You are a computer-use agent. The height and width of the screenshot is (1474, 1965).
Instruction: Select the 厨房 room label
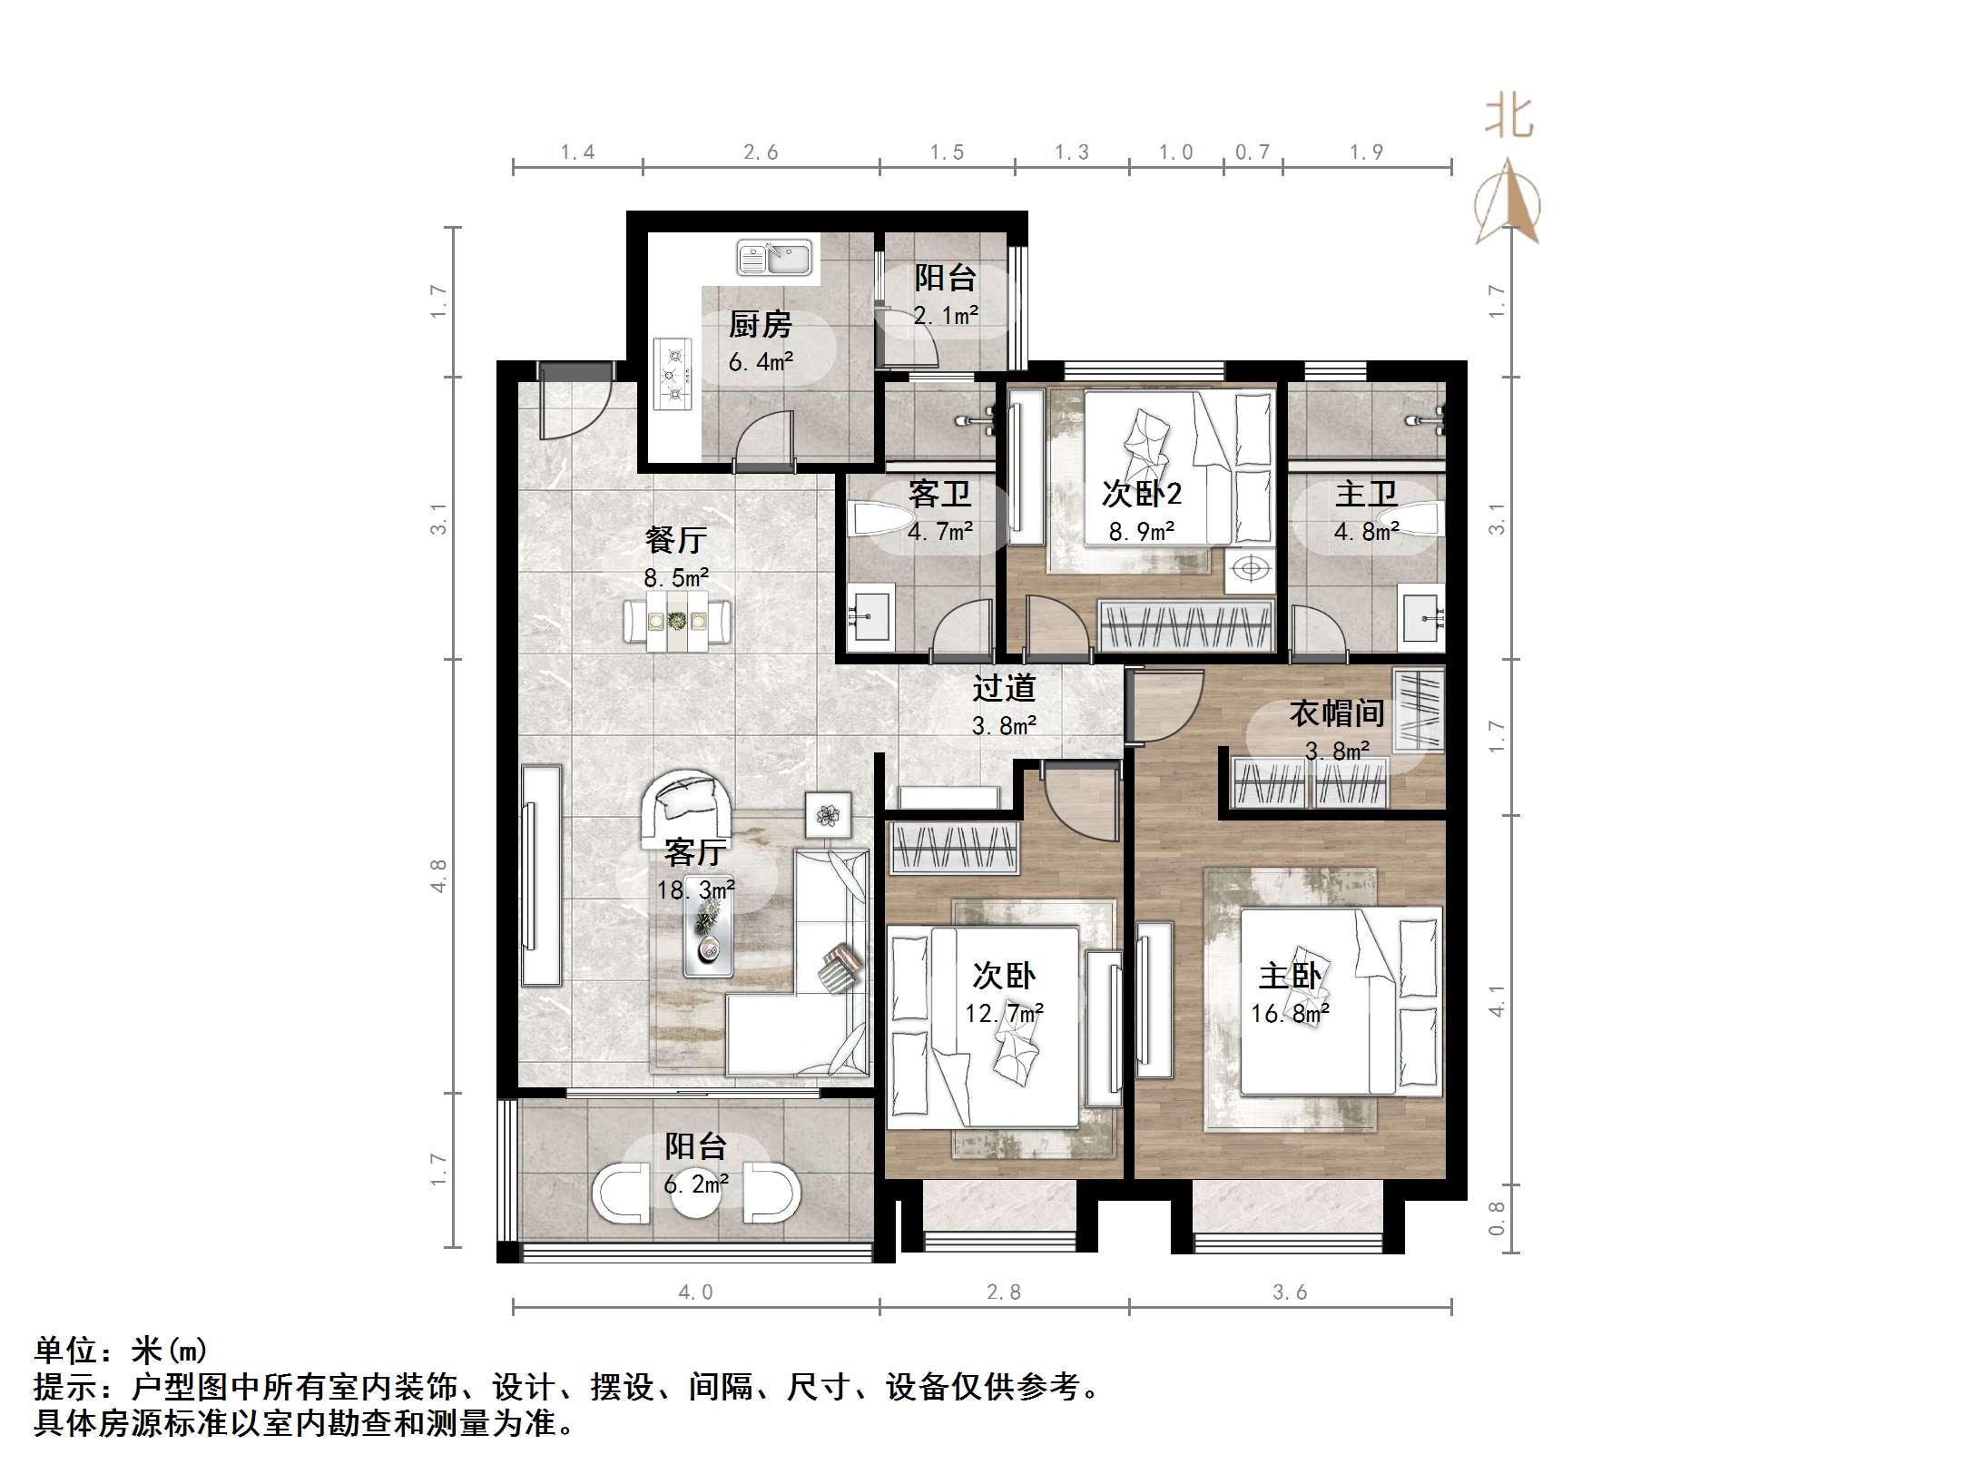[760, 324]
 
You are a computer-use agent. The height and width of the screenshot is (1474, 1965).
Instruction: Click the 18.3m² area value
[696, 889]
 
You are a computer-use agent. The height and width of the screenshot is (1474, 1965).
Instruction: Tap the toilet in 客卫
[880, 522]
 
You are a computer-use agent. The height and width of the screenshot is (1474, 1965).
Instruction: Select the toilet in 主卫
[1418, 521]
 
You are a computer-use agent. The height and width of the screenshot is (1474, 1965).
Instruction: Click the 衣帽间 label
[1337, 713]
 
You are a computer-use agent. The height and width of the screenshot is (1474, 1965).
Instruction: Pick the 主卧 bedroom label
[1290, 977]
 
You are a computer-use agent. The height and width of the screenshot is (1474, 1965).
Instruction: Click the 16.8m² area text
[1290, 1014]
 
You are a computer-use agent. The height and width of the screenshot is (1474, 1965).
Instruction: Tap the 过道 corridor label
[1004, 688]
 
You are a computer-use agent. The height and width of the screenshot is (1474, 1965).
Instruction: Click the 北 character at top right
[1509, 118]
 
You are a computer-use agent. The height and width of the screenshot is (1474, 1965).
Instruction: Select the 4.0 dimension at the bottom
[696, 1292]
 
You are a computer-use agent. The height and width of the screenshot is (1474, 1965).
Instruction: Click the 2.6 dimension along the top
[761, 152]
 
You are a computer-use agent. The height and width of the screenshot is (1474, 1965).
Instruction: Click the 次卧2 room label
[1142, 494]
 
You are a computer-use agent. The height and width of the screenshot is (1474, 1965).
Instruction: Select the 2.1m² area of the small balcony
[946, 316]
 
